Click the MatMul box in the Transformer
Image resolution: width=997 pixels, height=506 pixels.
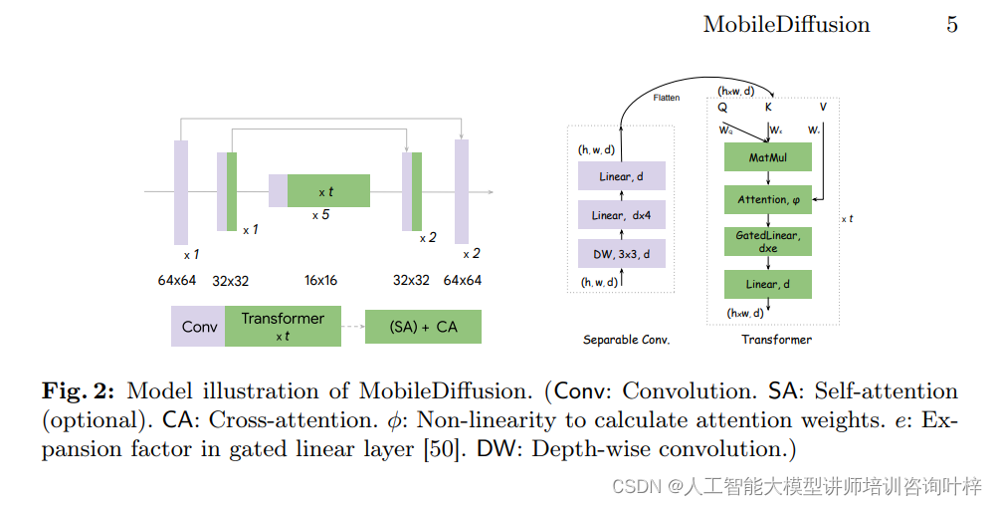pos(767,156)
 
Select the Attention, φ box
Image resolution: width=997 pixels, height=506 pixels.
pos(767,199)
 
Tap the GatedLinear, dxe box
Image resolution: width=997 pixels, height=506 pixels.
pos(767,241)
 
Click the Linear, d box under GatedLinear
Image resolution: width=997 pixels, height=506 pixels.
pos(767,284)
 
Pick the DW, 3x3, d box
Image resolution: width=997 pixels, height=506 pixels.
pos(621,254)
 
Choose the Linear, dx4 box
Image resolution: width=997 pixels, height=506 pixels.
pos(621,215)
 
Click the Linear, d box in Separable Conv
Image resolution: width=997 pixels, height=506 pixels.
pos(621,177)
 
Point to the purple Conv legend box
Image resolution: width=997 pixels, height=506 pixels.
pos(198,326)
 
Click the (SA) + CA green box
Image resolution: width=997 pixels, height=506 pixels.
pos(423,327)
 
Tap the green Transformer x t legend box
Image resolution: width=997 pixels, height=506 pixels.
pos(282,326)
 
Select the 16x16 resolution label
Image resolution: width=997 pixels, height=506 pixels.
pos(320,281)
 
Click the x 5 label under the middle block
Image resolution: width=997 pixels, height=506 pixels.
pos(320,215)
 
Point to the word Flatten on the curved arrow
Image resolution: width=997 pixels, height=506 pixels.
pos(667,98)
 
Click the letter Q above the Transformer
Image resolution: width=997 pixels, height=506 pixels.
pos(721,108)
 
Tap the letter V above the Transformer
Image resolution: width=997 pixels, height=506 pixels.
pos(822,108)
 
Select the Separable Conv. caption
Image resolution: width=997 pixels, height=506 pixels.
pos(626,340)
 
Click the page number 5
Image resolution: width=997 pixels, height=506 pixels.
pos(951,25)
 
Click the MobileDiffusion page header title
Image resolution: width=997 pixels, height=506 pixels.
pos(786,25)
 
